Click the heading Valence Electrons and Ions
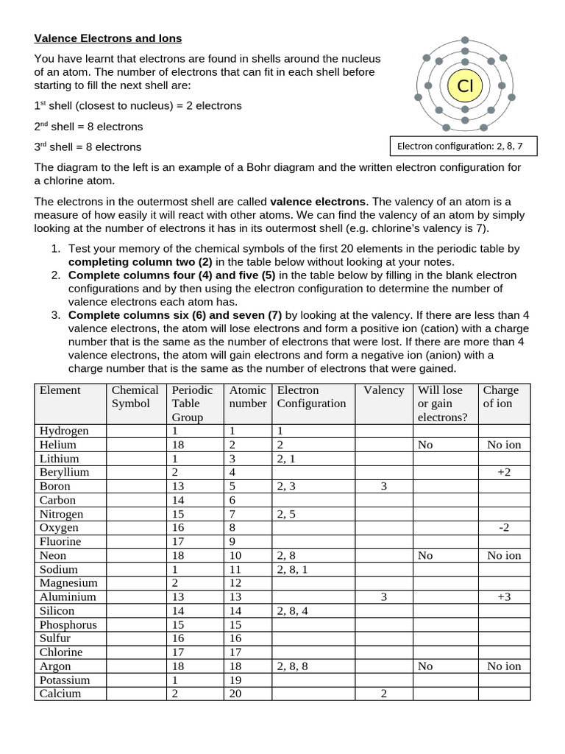coord(108,38)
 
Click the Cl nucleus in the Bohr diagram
coord(465,86)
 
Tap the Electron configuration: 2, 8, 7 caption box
coord(463,146)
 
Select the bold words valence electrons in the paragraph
coord(317,201)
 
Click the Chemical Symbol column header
coord(135,397)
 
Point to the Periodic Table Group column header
coord(192,404)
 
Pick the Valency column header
coord(383,390)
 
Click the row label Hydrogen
coord(64,431)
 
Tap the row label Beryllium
coord(64,472)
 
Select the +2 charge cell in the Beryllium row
coord(504,472)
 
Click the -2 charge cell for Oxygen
coord(504,528)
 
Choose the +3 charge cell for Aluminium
coord(504,597)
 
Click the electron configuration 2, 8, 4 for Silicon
coord(293,610)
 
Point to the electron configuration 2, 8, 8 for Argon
coord(293,666)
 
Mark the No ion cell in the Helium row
coord(504,445)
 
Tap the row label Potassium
coord(65,680)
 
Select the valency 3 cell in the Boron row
coord(383,486)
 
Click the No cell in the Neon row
coord(425,555)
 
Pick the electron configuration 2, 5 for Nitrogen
coord(287,514)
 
